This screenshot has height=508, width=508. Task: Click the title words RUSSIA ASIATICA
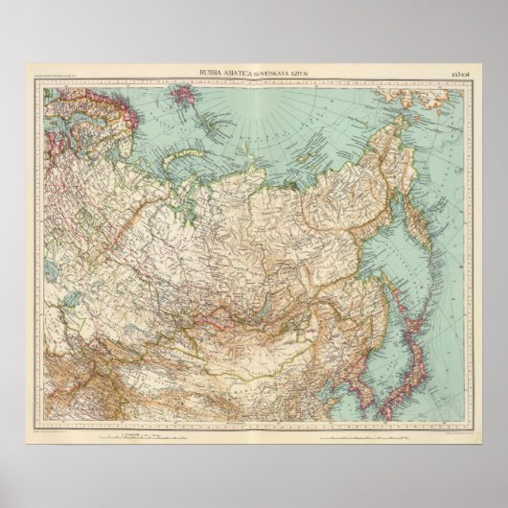[x=221, y=73]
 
